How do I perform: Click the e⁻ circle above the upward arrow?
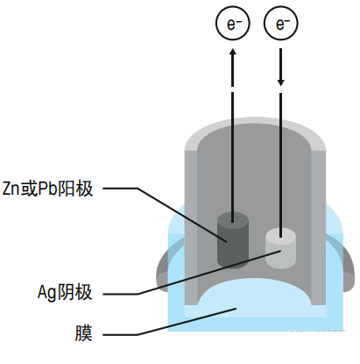(x=233, y=24)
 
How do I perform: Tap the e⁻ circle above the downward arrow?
(x=282, y=24)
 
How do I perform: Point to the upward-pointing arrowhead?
(x=233, y=54)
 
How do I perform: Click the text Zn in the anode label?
(x=13, y=188)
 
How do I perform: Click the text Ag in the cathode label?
(x=49, y=292)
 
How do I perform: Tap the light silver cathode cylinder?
(x=281, y=249)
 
